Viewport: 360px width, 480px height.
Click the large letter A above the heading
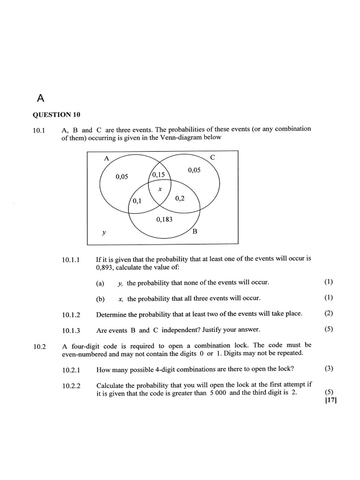point(40,98)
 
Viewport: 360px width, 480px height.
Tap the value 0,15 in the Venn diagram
point(159,175)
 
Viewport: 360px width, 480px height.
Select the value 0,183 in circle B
point(164,219)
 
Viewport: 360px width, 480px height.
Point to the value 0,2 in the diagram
point(180,199)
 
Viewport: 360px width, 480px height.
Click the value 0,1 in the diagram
point(137,201)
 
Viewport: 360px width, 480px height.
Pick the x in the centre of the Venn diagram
point(160,189)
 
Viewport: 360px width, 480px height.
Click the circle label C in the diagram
point(212,157)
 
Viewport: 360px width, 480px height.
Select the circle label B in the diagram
point(195,232)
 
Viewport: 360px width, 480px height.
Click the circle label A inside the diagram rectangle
point(106,158)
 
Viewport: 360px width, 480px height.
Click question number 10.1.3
point(71,330)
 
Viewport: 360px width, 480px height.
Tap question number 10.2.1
point(71,370)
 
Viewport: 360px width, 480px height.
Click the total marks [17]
point(330,400)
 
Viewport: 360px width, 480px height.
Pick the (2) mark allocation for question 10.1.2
point(329,313)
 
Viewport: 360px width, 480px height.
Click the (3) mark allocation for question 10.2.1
point(329,368)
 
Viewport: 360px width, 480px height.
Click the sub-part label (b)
point(100,299)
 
